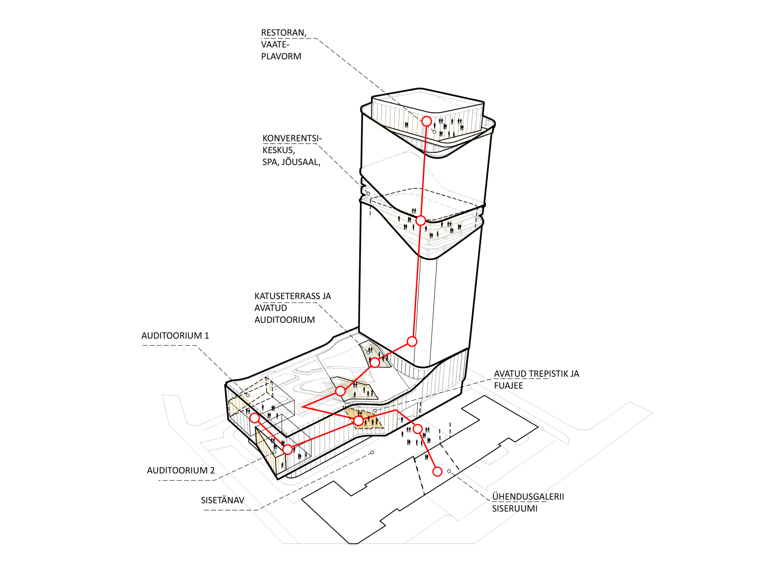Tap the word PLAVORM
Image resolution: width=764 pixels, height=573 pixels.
[x=281, y=56]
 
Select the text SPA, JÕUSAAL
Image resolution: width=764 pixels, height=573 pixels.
[x=291, y=162]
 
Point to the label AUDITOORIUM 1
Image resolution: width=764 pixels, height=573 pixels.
[x=175, y=336]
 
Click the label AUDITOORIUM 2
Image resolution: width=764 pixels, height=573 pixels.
[x=180, y=470]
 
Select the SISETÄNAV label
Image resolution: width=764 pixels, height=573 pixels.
[x=223, y=500]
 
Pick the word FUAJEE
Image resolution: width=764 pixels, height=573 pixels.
[x=508, y=385]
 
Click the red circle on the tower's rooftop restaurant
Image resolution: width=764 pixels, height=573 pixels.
[x=427, y=121]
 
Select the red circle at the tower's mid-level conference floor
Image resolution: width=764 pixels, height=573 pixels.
[x=420, y=220]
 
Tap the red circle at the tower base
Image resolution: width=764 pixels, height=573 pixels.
[x=412, y=341]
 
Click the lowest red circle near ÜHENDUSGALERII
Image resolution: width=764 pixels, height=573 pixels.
[x=437, y=471]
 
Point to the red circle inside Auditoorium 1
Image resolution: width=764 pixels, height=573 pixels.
[x=255, y=418]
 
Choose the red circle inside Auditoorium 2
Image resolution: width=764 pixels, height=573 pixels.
[x=287, y=449]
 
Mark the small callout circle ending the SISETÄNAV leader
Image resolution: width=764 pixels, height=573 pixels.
[x=372, y=452]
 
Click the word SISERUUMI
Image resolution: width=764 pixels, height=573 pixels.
[x=515, y=509]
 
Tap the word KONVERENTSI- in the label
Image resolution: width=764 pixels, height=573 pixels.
[x=292, y=138]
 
